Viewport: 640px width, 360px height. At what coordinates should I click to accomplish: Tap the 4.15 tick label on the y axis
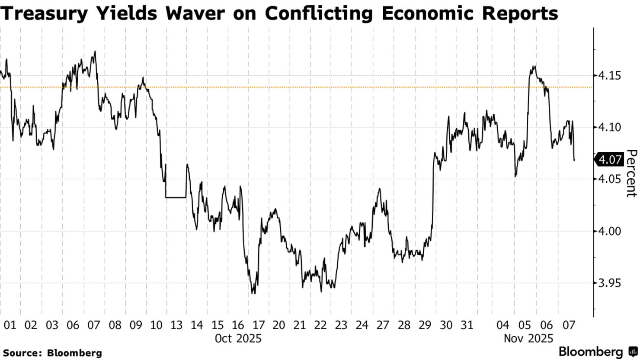click(609, 76)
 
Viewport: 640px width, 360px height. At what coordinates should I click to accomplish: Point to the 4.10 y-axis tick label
click(609, 127)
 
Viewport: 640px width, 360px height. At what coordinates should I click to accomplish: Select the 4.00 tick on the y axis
click(609, 231)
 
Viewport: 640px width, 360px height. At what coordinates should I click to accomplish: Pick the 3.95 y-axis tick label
click(609, 283)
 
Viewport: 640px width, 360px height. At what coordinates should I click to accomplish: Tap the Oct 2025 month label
click(238, 338)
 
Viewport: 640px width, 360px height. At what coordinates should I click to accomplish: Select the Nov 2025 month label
click(528, 338)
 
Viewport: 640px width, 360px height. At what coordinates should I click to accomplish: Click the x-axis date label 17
click(259, 325)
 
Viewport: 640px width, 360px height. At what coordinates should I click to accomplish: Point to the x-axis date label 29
click(425, 325)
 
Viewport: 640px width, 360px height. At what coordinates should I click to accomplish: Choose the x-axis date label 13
click(176, 325)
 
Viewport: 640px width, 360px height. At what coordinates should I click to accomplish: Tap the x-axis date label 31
click(466, 325)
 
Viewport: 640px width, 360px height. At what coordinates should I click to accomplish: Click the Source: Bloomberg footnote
click(52, 353)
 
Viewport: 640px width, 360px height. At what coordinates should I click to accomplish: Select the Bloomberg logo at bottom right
click(597, 351)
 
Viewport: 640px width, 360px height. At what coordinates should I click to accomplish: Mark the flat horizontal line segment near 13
click(176, 197)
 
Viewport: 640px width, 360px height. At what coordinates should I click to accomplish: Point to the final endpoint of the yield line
click(574, 161)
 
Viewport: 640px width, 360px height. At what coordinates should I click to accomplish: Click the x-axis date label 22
click(320, 325)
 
